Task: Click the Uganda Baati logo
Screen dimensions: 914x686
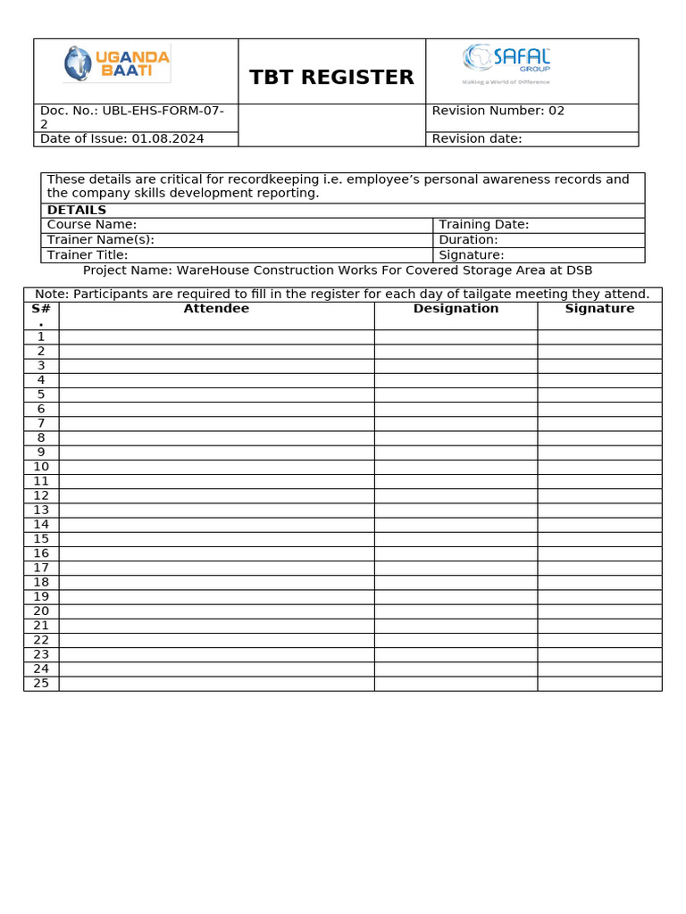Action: [116, 64]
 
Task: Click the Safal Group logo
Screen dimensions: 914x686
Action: [506, 63]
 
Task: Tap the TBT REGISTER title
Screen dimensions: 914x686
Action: [331, 78]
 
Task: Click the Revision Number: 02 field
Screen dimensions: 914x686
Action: [498, 111]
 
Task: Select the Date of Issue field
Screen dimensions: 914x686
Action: [121, 138]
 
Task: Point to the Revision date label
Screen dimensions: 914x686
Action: [477, 138]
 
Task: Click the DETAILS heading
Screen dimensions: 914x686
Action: [77, 211]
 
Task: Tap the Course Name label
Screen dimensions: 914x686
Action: [92, 225]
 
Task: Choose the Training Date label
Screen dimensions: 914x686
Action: [484, 225]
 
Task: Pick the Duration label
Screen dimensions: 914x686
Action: [468, 239]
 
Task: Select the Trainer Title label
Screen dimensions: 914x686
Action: [88, 254]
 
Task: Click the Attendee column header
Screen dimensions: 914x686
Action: [216, 309]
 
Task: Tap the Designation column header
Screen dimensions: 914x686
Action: [456, 309]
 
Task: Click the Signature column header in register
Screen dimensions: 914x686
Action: [599, 309]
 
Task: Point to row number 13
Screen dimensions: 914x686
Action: [41, 510]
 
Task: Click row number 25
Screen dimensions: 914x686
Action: [41, 683]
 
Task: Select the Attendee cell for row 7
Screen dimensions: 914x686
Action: [216, 423]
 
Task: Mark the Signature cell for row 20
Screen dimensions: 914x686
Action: [599, 611]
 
